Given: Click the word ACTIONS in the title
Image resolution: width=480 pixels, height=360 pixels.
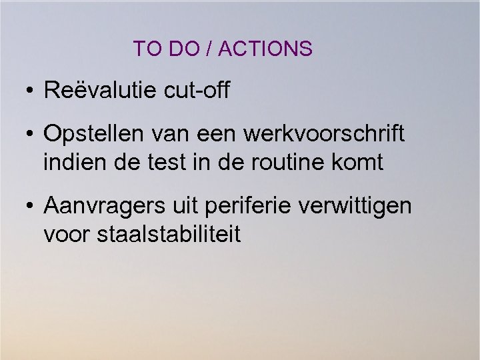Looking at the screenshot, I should point(265,49).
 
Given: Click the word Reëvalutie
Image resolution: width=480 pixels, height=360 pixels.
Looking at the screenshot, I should point(99,90).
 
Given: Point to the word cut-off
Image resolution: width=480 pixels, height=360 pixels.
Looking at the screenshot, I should point(196,90).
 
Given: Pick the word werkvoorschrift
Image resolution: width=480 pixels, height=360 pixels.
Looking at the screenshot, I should point(324,134).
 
